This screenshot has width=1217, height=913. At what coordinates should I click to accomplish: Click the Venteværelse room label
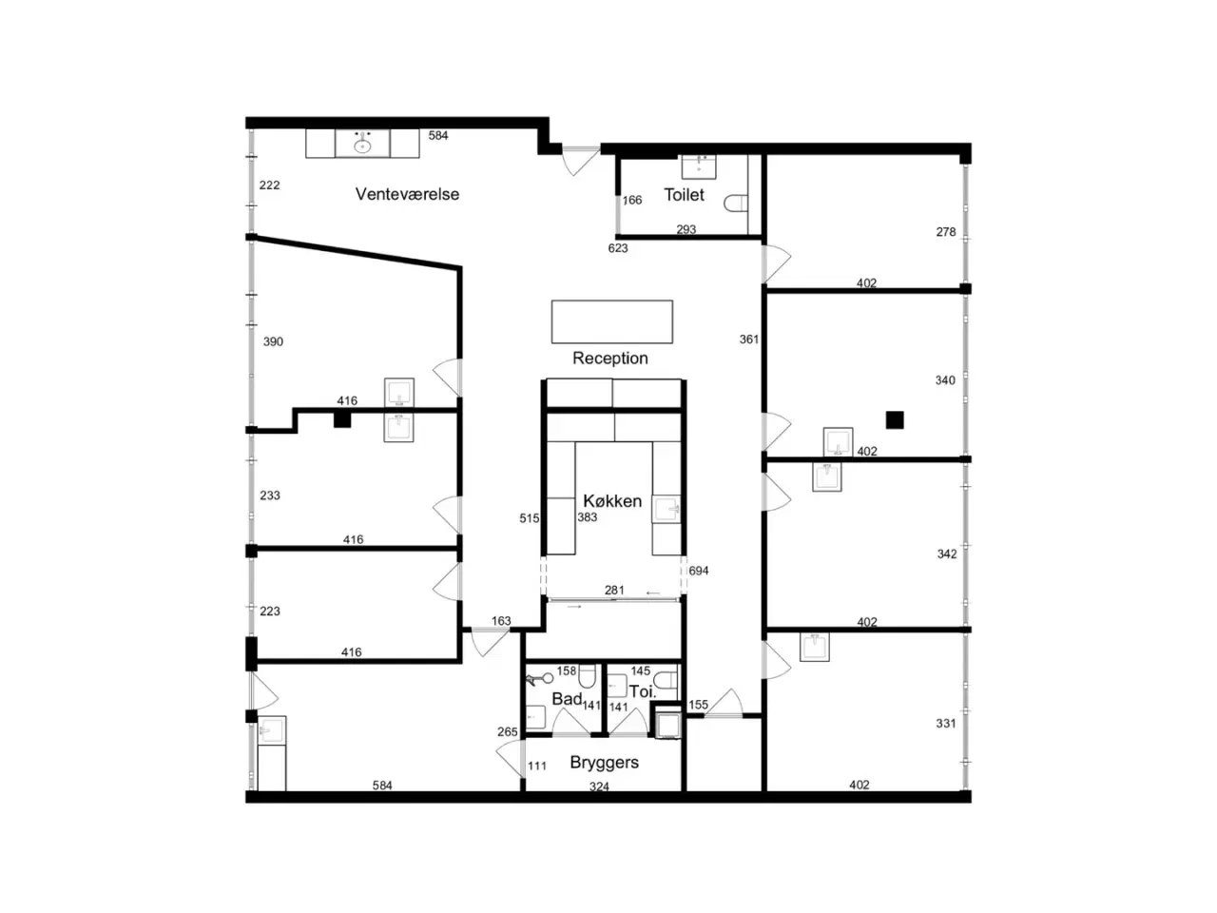pyautogui.click(x=407, y=194)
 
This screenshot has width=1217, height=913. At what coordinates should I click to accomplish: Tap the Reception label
pyautogui.click(x=609, y=359)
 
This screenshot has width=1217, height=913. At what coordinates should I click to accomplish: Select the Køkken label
pyautogui.click(x=612, y=500)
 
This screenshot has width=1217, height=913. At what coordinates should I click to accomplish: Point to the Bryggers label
pyautogui.click(x=604, y=762)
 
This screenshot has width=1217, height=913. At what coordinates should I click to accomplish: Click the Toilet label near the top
pyautogui.click(x=684, y=195)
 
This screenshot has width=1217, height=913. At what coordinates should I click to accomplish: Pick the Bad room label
pyautogui.click(x=567, y=698)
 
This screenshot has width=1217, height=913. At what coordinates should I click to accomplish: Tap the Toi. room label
pyautogui.click(x=642, y=691)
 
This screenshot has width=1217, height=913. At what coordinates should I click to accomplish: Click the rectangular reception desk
pyautogui.click(x=611, y=321)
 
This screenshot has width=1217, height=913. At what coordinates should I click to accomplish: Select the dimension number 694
pyautogui.click(x=698, y=571)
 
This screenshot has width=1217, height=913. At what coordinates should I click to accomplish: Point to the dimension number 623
pyautogui.click(x=618, y=248)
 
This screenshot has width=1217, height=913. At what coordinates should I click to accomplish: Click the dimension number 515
pyautogui.click(x=529, y=517)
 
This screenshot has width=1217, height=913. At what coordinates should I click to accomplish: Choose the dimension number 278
pyautogui.click(x=946, y=232)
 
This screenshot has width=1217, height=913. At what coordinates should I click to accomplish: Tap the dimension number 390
pyautogui.click(x=273, y=341)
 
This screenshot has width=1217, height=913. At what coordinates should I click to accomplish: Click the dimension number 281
pyautogui.click(x=614, y=590)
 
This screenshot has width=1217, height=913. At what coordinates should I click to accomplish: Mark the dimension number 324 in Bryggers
pyautogui.click(x=599, y=787)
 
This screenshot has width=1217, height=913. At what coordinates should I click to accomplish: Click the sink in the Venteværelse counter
pyautogui.click(x=362, y=146)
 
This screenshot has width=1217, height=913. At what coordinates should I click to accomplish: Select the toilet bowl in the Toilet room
pyautogui.click(x=736, y=203)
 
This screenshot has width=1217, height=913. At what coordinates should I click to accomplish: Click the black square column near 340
pyautogui.click(x=895, y=419)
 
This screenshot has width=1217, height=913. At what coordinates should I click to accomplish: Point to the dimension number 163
pyautogui.click(x=501, y=620)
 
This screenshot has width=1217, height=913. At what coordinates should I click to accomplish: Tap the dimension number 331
pyautogui.click(x=946, y=723)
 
